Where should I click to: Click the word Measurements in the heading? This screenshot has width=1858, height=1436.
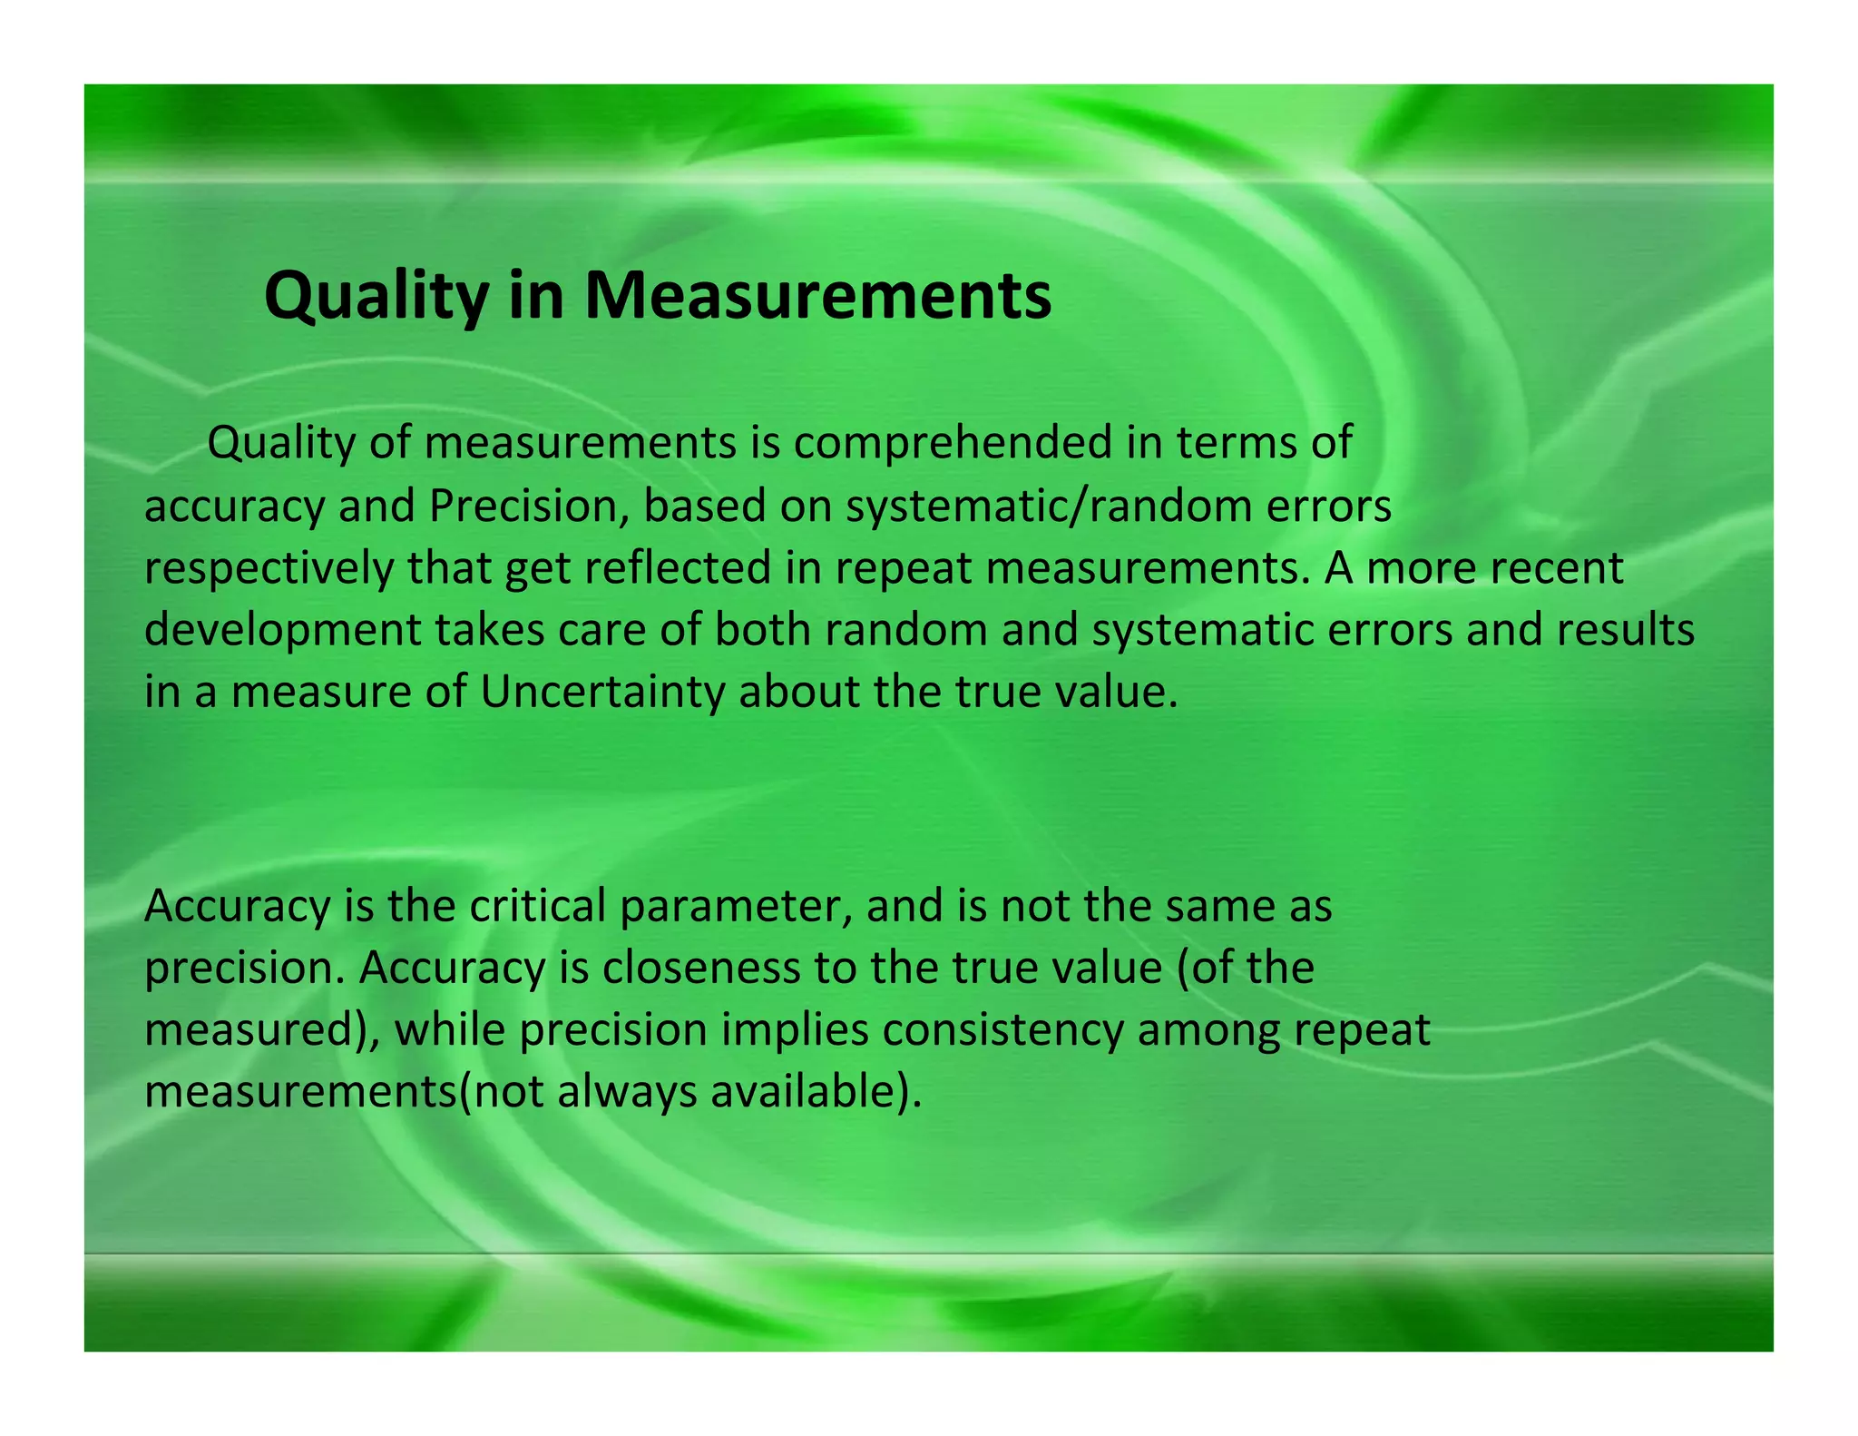(817, 296)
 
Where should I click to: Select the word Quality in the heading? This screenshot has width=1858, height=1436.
(376, 296)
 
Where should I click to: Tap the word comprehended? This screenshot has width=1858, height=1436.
(953, 444)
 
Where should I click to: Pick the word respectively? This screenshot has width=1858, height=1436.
(269, 569)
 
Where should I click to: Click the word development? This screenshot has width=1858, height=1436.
(282, 631)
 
